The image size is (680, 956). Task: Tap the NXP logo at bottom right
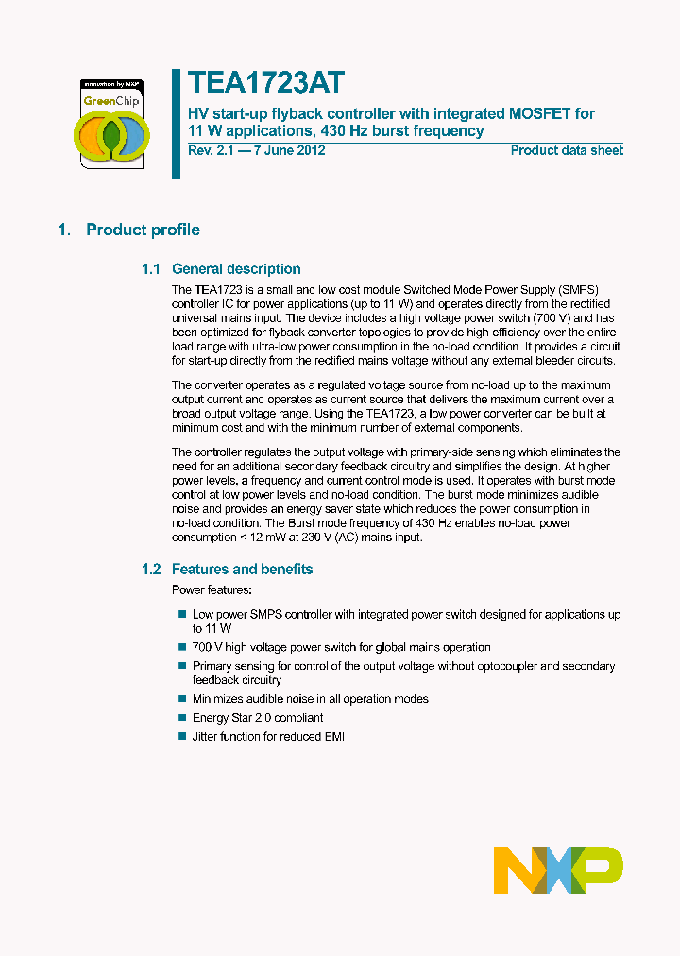(x=558, y=870)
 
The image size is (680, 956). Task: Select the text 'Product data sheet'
(x=567, y=150)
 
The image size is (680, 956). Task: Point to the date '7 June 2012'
(x=288, y=150)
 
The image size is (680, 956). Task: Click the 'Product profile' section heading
(x=143, y=230)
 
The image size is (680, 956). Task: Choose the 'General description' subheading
(x=236, y=269)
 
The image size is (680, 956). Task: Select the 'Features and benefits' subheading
(x=242, y=569)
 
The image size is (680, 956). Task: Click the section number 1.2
(x=152, y=569)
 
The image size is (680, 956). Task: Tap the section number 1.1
(x=152, y=269)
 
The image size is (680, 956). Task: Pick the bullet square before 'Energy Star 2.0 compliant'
(x=182, y=718)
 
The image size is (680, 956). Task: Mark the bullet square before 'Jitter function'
(x=182, y=736)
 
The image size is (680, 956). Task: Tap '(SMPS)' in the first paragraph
(x=578, y=289)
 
